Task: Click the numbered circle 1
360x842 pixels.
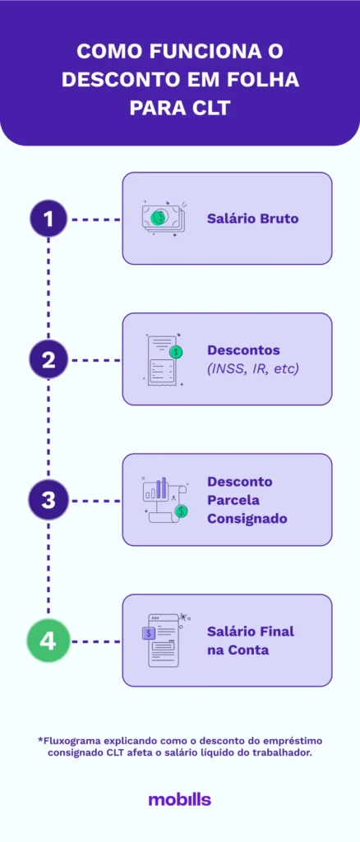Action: [x=48, y=219]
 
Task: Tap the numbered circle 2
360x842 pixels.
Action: [x=48, y=359]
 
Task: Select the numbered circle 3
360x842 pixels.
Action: [x=48, y=500]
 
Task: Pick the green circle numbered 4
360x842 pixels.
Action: [x=48, y=641]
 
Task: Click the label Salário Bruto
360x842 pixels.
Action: [x=252, y=219]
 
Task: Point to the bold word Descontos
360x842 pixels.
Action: [x=243, y=350]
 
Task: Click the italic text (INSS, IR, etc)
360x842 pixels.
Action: [x=252, y=368]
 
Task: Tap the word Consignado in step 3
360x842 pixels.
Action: [x=247, y=519]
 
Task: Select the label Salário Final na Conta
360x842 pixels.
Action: [x=250, y=641]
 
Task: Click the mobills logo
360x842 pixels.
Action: [x=179, y=799]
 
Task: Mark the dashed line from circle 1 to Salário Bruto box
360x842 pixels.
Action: [x=96, y=220]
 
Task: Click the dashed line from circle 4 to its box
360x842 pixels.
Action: [x=96, y=641]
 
